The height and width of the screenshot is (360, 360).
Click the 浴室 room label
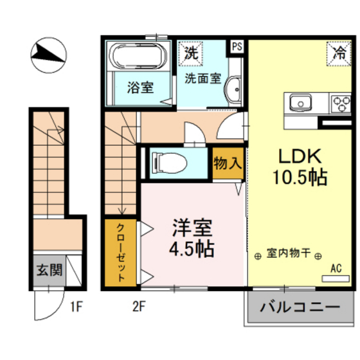pyautogui.click(x=139, y=87)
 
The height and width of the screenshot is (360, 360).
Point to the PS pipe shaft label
pyautogui.click(x=237, y=47)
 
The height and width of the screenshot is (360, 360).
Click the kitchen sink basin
pyautogui.click(x=300, y=103)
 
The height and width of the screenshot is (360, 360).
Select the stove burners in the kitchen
pyautogui.click(x=340, y=103)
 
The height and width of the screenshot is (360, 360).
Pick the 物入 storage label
pyautogui.click(x=228, y=163)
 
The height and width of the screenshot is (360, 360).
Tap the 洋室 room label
pyautogui.click(x=192, y=228)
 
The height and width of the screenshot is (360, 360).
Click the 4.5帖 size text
pyautogui.click(x=192, y=249)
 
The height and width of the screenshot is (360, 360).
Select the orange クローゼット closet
pyautogui.click(x=121, y=252)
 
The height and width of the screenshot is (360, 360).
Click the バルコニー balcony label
pyautogui.click(x=300, y=307)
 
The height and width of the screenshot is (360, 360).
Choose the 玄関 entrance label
pyautogui.click(x=48, y=269)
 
